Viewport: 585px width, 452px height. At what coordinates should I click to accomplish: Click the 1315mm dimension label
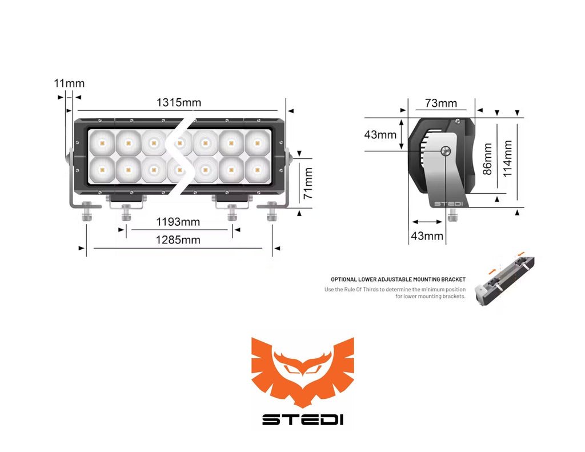coord(179,103)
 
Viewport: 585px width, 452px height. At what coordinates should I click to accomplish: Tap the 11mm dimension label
coord(69,83)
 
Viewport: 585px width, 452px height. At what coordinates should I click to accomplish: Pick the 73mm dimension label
coord(440,103)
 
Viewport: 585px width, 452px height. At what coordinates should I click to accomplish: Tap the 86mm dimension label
coord(487,159)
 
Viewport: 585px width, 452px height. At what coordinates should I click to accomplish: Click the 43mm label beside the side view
coord(380,135)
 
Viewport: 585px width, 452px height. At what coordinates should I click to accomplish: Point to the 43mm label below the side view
coord(426,236)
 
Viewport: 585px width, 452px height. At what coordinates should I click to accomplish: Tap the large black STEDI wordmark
coord(302,419)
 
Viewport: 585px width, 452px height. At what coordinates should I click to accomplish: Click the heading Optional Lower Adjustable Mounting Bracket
coord(398,279)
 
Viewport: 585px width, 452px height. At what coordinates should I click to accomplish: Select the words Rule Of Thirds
coord(362,289)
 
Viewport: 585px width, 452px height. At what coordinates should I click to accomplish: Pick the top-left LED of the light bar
coord(102,143)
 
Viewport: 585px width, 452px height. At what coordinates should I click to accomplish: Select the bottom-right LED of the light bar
coord(258,170)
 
